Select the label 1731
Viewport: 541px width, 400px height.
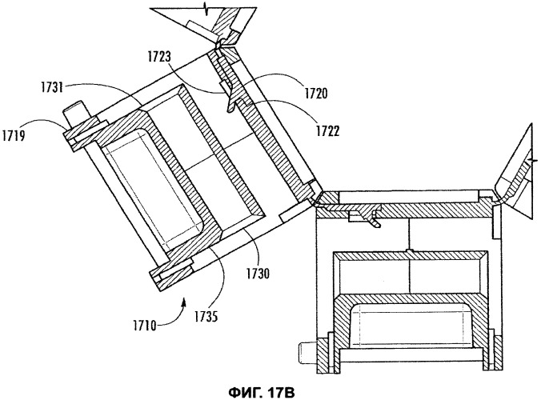pos(53,87)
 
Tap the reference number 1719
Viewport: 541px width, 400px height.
pos(13,135)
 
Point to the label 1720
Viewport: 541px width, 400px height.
pos(315,93)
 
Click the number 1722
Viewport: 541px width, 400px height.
pos(327,130)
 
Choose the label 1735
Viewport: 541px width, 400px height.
pos(206,316)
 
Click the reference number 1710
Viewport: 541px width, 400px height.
pos(144,325)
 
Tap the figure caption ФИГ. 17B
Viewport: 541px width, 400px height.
pos(262,393)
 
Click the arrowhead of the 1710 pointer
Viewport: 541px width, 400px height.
pos(183,302)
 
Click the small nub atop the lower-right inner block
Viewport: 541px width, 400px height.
pos(408,250)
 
